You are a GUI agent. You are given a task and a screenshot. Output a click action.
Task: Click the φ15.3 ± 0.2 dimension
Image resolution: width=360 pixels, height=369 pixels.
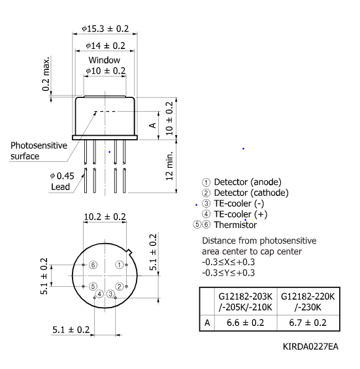tap(105, 29)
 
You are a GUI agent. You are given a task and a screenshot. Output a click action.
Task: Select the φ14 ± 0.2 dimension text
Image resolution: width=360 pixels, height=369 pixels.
tap(106, 46)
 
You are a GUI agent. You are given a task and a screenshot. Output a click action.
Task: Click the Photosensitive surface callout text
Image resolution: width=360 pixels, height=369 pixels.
tap(39, 151)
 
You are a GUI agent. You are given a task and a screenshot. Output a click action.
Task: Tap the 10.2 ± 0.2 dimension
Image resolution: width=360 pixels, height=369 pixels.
tap(105, 217)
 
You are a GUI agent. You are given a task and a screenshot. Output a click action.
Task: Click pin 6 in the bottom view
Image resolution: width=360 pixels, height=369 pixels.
tap(93, 265)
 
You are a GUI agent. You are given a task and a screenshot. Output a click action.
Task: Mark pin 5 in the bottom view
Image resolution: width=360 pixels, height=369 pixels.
tap(93, 286)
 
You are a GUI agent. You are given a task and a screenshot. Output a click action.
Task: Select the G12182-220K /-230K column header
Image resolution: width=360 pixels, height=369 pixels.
tap(308, 302)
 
